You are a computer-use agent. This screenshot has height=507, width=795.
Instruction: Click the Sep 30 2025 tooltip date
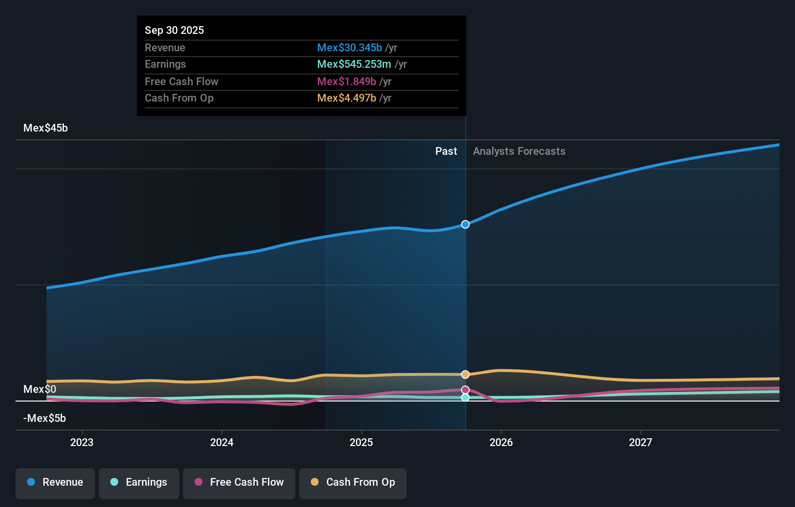(174, 30)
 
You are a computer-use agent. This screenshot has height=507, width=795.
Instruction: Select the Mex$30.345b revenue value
(349, 47)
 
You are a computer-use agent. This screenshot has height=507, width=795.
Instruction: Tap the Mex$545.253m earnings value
(354, 64)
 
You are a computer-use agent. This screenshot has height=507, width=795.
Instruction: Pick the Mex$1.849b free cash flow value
(346, 81)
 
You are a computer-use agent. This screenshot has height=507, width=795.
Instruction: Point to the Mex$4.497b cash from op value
(346, 98)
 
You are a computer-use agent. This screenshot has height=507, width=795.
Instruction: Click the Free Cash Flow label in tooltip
(182, 81)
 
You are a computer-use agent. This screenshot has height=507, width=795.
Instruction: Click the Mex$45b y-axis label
(46, 128)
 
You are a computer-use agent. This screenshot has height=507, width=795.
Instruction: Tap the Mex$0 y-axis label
(40, 389)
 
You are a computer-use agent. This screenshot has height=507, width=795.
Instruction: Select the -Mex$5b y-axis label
(45, 418)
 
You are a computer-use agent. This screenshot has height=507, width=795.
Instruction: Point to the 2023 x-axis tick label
(82, 442)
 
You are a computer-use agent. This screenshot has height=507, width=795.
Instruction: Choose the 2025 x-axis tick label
(361, 442)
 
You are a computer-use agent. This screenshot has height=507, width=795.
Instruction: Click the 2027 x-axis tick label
(640, 442)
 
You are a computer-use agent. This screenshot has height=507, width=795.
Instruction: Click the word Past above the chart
(446, 151)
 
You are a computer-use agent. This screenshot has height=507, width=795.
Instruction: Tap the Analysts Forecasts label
(519, 151)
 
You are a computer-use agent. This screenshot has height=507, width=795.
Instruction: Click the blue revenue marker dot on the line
(465, 224)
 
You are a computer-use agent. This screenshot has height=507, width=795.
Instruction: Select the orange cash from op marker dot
(465, 374)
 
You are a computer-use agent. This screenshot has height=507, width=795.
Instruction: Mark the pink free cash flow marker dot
(465, 390)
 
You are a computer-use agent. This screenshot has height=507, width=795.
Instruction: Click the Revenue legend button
(55, 482)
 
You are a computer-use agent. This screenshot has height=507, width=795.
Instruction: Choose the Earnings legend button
(139, 482)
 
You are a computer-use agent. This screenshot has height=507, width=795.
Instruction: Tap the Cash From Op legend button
(353, 482)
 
